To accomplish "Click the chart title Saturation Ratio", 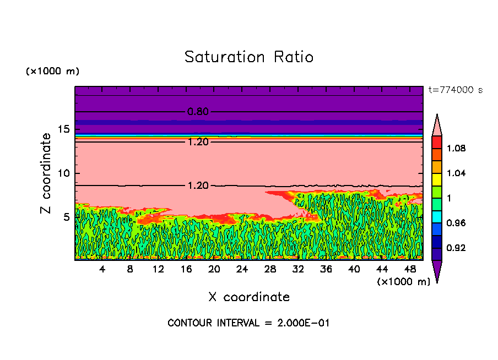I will tap(249, 57).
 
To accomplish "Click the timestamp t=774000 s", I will tap(455, 90).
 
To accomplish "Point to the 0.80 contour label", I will tap(198, 112).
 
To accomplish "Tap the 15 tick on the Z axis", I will tap(64, 129).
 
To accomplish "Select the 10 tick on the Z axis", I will tap(64, 173).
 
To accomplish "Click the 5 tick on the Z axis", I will tap(67, 217).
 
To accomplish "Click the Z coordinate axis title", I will tap(46, 173).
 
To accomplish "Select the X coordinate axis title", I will tap(249, 297).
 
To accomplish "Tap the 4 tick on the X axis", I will tap(102, 269).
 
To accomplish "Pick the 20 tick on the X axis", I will tap(214, 269).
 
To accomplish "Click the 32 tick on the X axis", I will tap(298, 269).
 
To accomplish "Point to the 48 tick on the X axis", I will tap(410, 269).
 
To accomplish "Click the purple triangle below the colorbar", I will tap(437, 271).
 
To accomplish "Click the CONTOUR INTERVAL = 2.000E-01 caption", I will tap(248, 323).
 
